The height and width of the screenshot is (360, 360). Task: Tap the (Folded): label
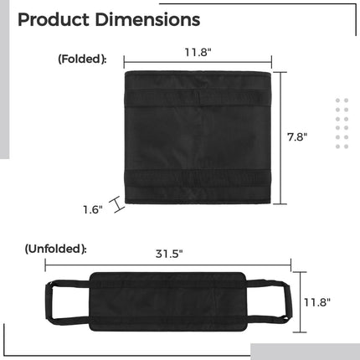[82, 59]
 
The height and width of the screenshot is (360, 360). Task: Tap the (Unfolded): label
[55, 249]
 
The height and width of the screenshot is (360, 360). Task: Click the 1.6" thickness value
[92, 209]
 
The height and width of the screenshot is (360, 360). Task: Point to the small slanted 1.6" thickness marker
[119, 204]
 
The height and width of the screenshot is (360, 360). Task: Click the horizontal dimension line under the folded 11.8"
[198, 61]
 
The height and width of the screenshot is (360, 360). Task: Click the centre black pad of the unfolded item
[167, 301]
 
